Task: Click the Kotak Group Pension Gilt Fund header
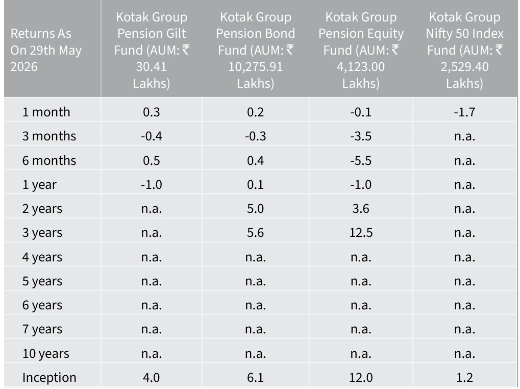[152, 50]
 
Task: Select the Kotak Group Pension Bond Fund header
[255, 50]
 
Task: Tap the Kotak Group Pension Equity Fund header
[361, 50]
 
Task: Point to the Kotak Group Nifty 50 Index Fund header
[464, 50]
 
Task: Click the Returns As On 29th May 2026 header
[46, 50]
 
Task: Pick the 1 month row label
[46, 112]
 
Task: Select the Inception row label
[49, 377]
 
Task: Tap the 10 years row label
[46, 353]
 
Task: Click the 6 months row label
[49, 160]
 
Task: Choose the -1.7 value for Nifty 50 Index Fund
[464, 112]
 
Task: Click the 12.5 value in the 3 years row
[361, 233]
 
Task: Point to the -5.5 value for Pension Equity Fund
[361, 160]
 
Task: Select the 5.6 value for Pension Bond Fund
[255, 233]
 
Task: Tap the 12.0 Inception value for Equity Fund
[361, 377]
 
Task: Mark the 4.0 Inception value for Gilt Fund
[151, 377]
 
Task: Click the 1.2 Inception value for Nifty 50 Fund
[464, 377]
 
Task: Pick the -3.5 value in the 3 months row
[361, 136]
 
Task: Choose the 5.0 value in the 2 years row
[255, 209]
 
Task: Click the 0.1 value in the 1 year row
[255, 184]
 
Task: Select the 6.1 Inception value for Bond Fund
[255, 377]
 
